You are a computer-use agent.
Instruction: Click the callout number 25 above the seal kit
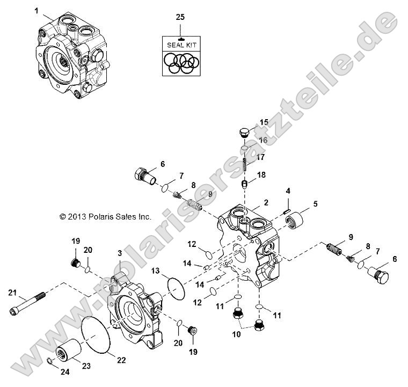pos(180,17)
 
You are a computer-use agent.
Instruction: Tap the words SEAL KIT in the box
pos(180,45)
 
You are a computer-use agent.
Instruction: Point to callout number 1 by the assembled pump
pos(37,10)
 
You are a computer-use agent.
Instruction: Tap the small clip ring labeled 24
pos(48,360)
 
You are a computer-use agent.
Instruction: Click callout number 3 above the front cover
pos(119,253)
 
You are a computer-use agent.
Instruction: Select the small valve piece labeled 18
pos(244,184)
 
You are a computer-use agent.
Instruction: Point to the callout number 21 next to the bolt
pos(13,292)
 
